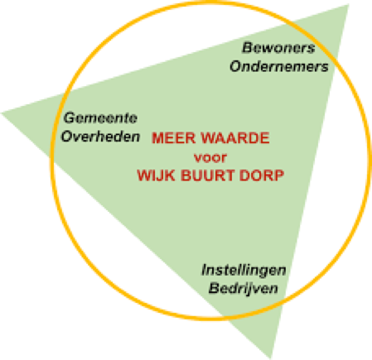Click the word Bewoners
[278, 48]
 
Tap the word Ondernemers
[279, 66]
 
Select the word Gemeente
[100, 118]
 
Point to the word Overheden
[100, 137]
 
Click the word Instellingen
[244, 271]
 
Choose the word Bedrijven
[244, 289]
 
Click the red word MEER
[174, 138]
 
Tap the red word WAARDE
[235, 138]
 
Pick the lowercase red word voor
[210, 158]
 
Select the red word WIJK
[156, 175]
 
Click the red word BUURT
[208, 175]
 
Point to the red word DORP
[262, 175]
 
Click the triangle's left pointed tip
[2, 113]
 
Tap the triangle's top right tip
[349, 5]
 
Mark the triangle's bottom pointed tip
[271, 358]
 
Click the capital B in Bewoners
[247, 48]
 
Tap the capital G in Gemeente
[70, 118]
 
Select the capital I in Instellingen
[205, 270]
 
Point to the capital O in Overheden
[67, 137]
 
